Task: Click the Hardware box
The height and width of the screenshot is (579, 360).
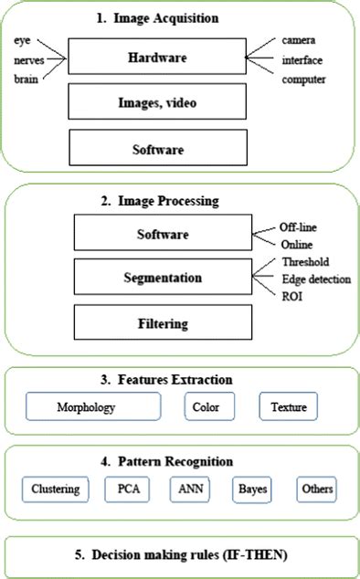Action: [157, 58]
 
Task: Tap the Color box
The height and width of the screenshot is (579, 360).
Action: [208, 406]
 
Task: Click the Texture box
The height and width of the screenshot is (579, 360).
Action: [288, 406]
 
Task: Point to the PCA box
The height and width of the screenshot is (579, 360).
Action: [128, 489]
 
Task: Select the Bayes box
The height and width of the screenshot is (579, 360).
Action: [253, 489]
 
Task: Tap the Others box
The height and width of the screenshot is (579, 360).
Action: [315, 489]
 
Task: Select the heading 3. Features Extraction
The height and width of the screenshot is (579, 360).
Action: [179, 378]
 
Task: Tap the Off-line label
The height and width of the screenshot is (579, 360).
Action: [303, 226]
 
